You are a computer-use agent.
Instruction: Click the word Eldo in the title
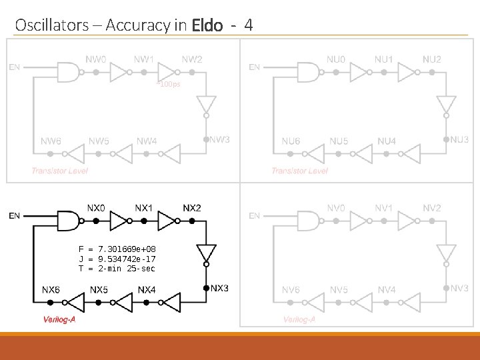[207, 26]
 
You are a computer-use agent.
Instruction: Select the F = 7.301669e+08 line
[117, 249]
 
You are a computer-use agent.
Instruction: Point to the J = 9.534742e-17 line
[117, 259]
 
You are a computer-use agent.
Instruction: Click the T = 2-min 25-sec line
[117, 268]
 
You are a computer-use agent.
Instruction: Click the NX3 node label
[220, 288]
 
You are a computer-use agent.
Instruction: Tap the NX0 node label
[96, 208]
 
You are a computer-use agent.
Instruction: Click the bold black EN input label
[15, 215]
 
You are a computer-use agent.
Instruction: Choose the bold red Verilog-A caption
[60, 319]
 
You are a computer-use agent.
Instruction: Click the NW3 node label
[220, 139]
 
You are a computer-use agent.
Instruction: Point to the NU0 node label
[336, 59]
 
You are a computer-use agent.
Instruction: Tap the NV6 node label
[291, 290]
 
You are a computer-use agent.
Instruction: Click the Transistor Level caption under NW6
[59, 171]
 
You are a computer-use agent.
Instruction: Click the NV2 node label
[432, 208]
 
